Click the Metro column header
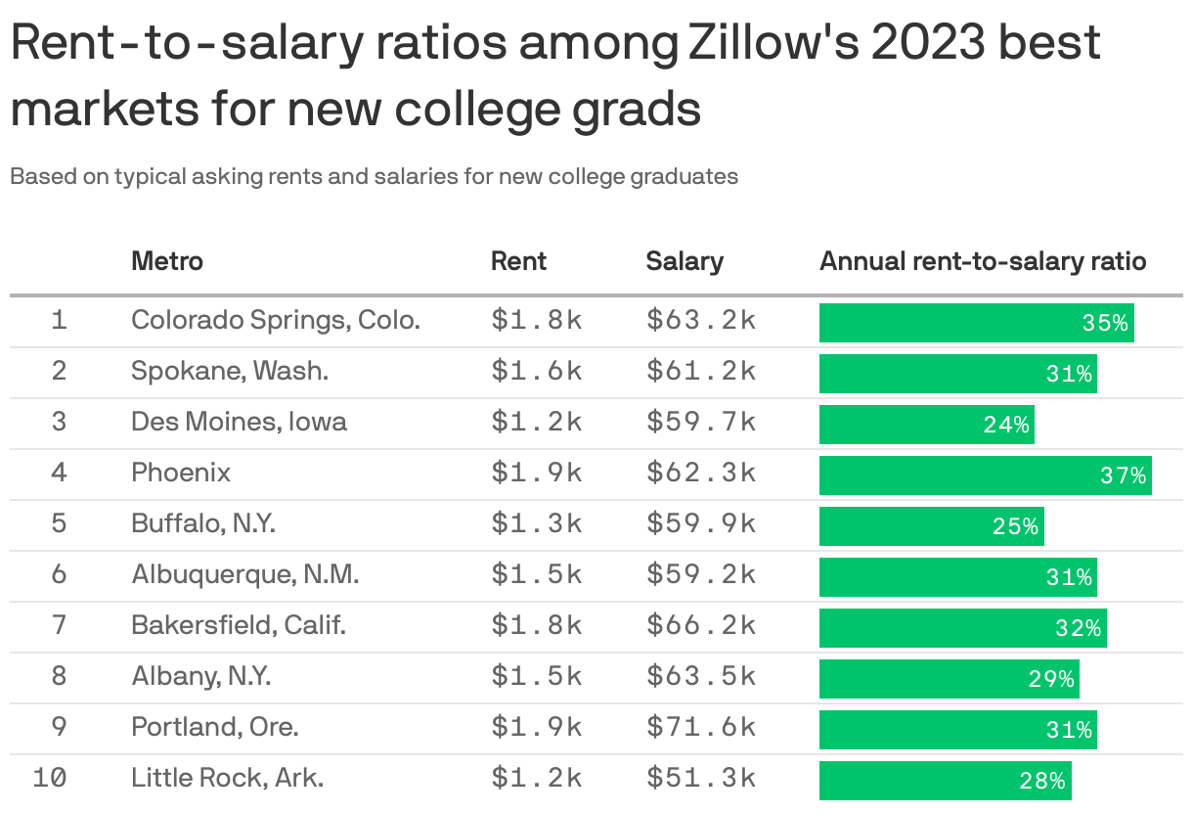(x=167, y=261)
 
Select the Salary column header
(x=685, y=261)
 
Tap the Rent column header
(x=518, y=261)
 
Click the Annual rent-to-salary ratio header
(x=983, y=261)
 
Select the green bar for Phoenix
(x=985, y=475)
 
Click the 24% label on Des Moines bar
(x=1006, y=425)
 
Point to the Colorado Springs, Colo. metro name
(x=276, y=320)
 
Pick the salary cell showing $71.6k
(x=700, y=728)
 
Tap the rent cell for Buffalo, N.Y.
(x=537, y=524)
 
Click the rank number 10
(x=50, y=779)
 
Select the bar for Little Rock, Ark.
(x=945, y=781)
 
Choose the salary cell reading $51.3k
(x=700, y=779)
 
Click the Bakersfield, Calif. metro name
(x=239, y=625)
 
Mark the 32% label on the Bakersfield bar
(x=1079, y=628)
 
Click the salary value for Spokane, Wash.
(x=700, y=372)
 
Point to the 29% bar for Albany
(x=949, y=679)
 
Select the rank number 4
(x=60, y=474)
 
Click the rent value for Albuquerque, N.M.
(x=537, y=575)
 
